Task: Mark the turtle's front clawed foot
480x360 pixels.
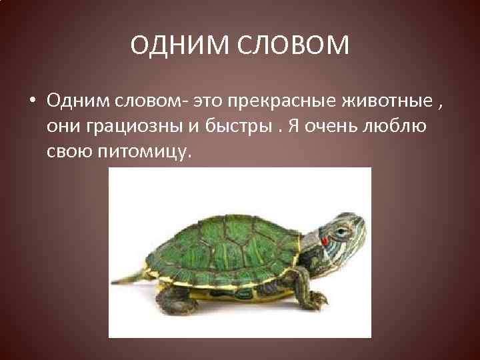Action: click(x=317, y=299)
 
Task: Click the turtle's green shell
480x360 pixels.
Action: click(x=220, y=247)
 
